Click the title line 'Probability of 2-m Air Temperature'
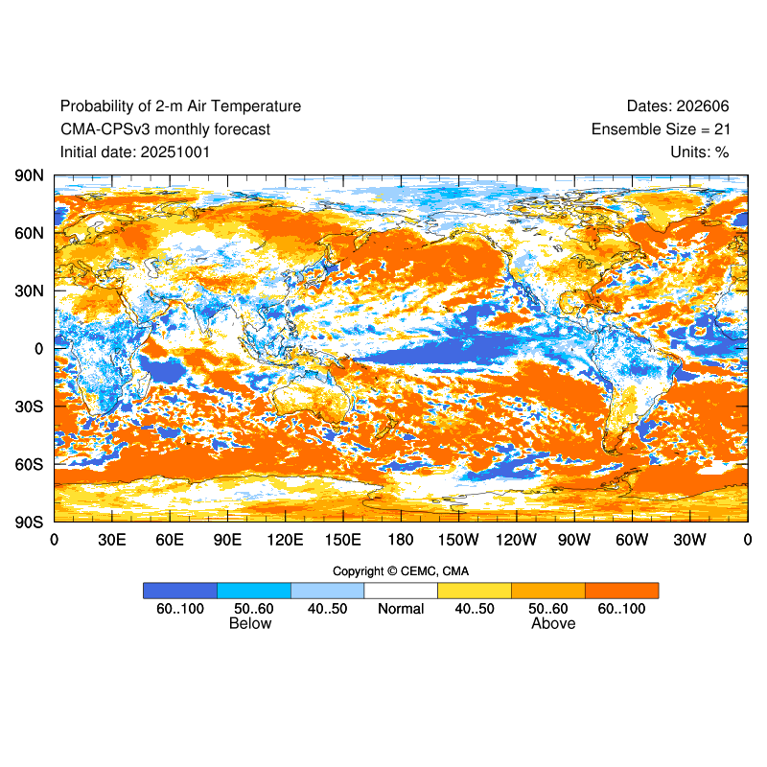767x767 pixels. (180, 106)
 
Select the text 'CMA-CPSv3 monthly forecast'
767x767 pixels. (165, 129)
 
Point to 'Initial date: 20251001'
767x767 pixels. (135, 151)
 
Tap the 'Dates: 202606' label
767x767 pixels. (678, 106)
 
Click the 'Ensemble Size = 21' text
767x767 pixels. (660, 129)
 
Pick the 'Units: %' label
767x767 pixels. (700, 151)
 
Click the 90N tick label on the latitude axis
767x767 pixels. (29, 175)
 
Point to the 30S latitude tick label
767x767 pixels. (29, 407)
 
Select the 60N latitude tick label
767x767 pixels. (29, 233)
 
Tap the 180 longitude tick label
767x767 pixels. (401, 540)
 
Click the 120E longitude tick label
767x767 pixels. (286, 540)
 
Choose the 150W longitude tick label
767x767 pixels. (458, 540)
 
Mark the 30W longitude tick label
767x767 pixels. (689, 540)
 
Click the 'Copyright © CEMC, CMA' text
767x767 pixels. (401, 571)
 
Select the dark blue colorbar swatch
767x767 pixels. (180, 591)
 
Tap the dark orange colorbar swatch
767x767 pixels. (621, 591)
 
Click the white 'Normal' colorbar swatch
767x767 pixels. (401, 591)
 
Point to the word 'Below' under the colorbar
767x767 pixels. (250, 624)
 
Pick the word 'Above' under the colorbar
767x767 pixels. (553, 624)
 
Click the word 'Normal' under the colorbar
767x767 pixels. (401, 609)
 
